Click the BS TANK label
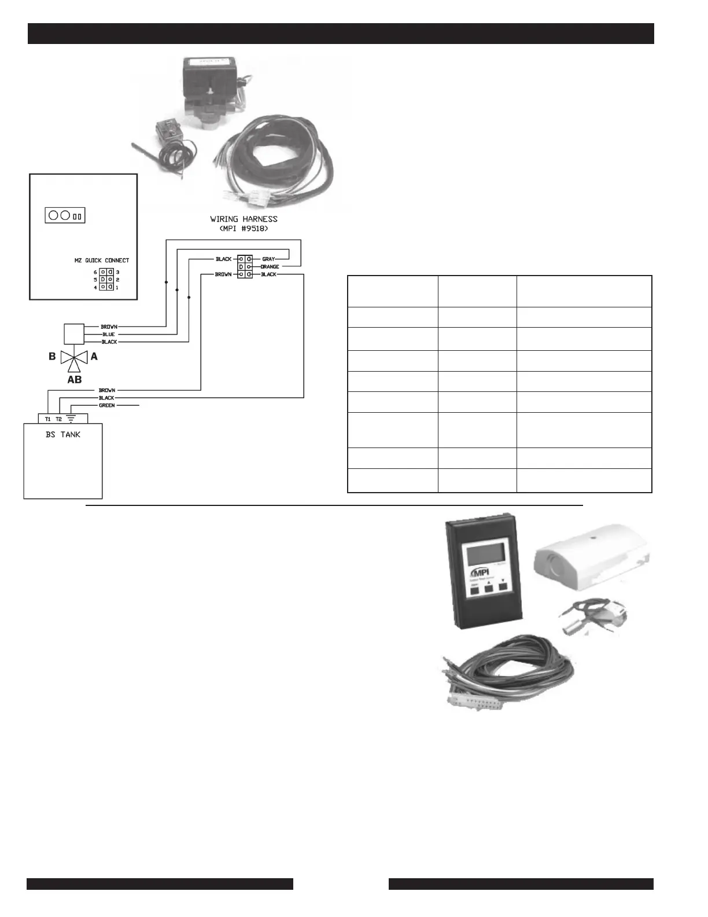coord(63,434)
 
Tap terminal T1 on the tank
coord(48,419)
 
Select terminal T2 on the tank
coord(59,419)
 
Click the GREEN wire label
coord(107,405)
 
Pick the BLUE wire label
coord(109,335)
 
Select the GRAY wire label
coord(268,259)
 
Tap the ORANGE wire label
coord(270,267)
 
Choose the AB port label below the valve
coord(75,380)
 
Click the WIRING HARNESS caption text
coord(244,219)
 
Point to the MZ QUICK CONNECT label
coord(102,261)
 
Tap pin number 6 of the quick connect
coord(95,272)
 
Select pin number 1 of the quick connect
coord(117,287)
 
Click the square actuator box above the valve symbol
coord(73,335)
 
